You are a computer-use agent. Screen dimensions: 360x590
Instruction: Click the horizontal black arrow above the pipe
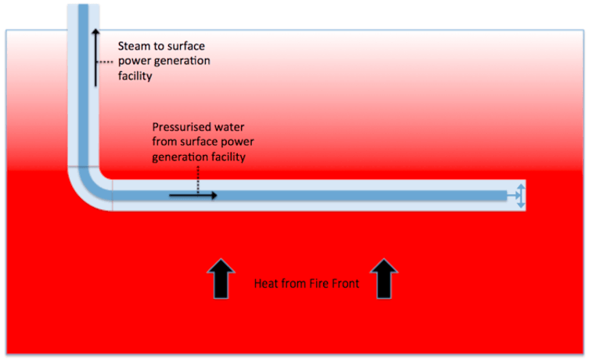192,195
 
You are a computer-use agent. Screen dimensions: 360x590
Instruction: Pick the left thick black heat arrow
221,279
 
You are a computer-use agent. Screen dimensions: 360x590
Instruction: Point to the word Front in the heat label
345,284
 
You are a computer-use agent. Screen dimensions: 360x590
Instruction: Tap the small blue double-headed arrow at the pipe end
519,195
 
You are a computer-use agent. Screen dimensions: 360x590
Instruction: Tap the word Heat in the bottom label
267,284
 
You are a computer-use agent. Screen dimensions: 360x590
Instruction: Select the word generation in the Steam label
182,60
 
